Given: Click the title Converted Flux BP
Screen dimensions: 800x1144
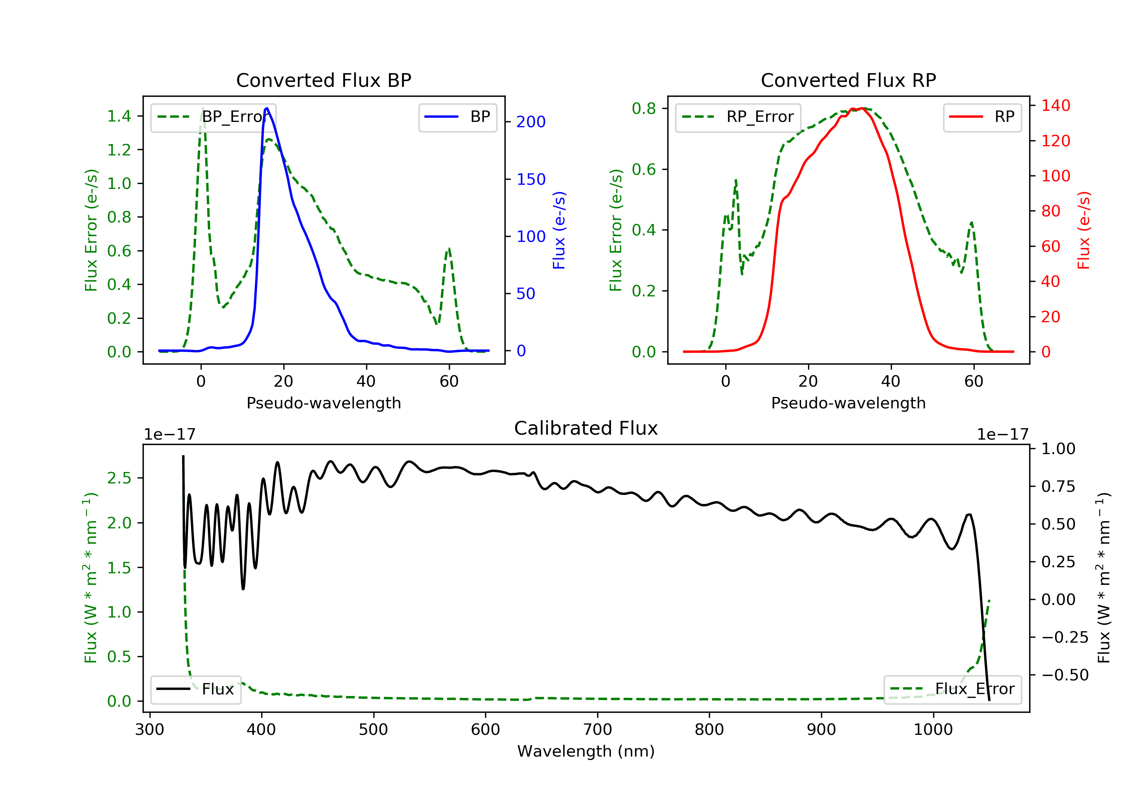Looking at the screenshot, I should (323, 80).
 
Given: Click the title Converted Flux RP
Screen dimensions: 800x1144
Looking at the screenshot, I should (848, 80).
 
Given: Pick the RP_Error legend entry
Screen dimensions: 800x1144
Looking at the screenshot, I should (738, 117).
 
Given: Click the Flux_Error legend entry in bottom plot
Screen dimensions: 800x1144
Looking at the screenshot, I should (952, 689).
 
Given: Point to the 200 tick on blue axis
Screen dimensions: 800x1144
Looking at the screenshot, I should (531, 122).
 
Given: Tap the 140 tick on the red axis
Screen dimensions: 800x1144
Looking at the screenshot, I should (1055, 106).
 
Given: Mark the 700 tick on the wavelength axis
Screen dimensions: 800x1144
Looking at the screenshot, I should (598, 730).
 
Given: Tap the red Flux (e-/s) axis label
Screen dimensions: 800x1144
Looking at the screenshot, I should (1084, 230).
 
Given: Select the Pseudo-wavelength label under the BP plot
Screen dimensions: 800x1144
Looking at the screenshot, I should (323, 403).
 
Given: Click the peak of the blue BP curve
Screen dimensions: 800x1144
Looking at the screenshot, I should (267, 108).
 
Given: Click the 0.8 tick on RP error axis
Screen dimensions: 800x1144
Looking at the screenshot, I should (644, 109).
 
